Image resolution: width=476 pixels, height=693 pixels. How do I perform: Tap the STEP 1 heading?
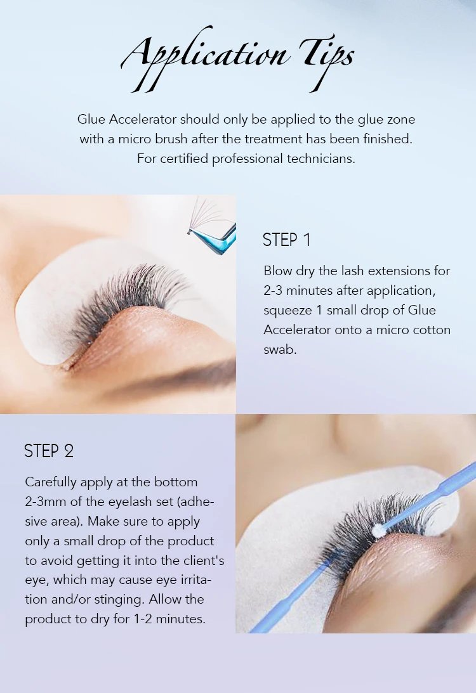tap(287, 240)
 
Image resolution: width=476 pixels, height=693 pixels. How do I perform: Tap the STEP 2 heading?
tap(49, 451)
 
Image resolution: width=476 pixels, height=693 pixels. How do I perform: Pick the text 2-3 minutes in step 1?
tap(301, 290)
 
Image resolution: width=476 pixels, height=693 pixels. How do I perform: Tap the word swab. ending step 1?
tap(280, 349)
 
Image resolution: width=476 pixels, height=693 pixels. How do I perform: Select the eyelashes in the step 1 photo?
tap(127, 298)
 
